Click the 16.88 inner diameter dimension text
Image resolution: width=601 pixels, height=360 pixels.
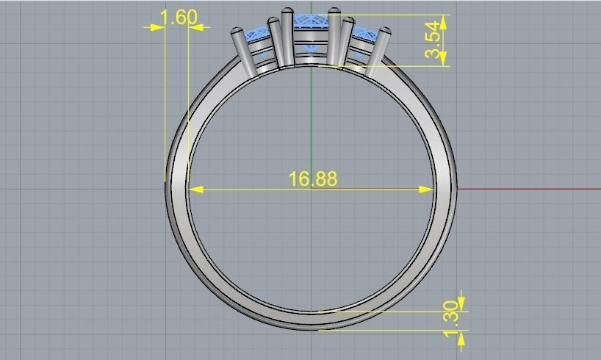pos(313,179)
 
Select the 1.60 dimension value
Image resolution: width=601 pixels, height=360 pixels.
pos(178,17)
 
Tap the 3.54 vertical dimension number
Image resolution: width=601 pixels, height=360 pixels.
pos(434,40)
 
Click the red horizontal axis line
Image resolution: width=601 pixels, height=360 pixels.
pos(529,189)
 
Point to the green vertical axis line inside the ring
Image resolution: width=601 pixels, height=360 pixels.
pos(312,118)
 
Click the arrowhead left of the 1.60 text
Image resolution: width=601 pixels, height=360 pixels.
pos(157,27)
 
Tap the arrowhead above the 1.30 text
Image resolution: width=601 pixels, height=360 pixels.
pos(461,303)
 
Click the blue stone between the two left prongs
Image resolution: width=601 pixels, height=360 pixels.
pos(258,33)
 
